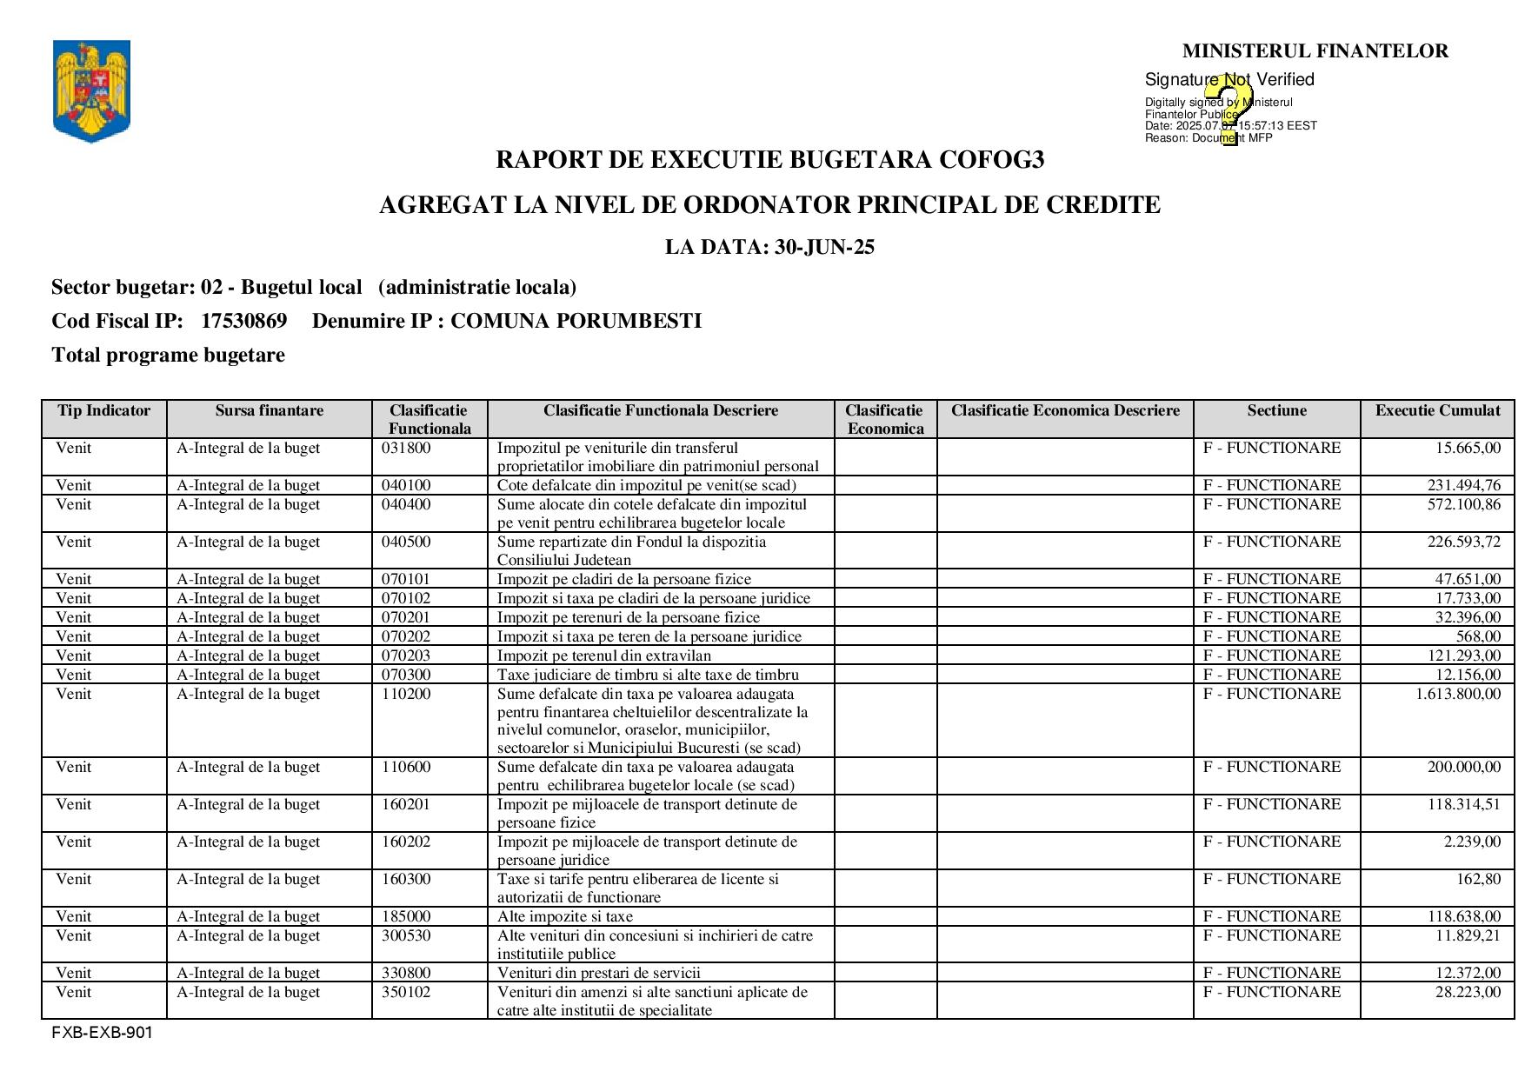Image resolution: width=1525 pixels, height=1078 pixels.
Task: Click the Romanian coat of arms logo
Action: pyautogui.click(x=91, y=90)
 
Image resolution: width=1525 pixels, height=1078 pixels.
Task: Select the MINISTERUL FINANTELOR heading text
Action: pyautogui.click(x=1315, y=51)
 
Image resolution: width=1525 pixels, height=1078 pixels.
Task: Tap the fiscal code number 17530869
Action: pyautogui.click(x=243, y=321)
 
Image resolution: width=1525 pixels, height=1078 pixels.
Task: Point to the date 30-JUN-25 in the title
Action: pyautogui.click(x=824, y=247)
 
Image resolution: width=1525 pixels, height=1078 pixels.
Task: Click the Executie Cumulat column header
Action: pyautogui.click(x=1437, y=411)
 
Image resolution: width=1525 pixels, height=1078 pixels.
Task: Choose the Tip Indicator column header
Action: pyautogui.click(x=104, y=411)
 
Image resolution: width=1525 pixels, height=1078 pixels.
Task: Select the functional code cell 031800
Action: pyautogui.click(x=406, y=449)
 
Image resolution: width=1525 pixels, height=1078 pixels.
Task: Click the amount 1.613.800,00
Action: pyautogui.click(x=1457, y=694)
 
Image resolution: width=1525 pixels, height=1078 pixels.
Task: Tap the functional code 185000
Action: pyautogui.click(x=406, y=916)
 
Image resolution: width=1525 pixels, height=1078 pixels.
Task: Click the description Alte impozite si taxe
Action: pyautogui.click(x=565, y=916)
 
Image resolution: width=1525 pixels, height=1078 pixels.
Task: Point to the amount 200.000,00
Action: pyautogui.click(x=1463, y=767)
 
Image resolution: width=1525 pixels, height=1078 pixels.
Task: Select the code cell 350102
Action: pyautogui.click(x=406, y=992)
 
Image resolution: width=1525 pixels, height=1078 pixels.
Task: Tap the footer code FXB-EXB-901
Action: pyautogui.click(x=102, y=1033)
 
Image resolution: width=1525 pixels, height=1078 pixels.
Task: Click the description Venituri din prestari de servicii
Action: pyautogui.click(x=599, y=973)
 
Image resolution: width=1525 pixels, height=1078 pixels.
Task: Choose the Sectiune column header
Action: pyautogui.click(x=1276, y=411)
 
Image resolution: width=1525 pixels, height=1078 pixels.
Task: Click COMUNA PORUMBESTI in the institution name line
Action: pyautogui.click(x=576, y=321)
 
